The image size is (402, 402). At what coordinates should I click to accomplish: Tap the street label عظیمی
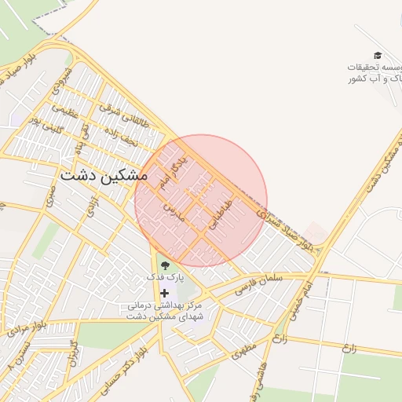point(66,111)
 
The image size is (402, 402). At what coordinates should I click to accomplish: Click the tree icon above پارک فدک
point(164,265)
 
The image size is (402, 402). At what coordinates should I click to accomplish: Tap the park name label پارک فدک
point(164,278)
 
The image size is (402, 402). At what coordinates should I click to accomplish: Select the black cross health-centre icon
point(164,293)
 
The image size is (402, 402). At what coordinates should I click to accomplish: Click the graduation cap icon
point(378,55)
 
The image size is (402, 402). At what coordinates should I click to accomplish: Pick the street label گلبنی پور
point(46,124)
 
